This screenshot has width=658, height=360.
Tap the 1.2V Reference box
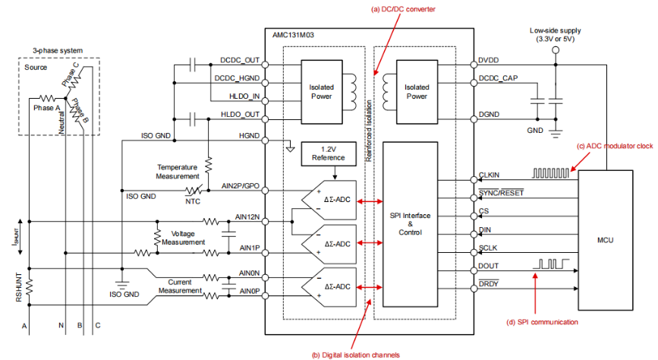[327, 153]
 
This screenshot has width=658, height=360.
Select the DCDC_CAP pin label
[498, 79]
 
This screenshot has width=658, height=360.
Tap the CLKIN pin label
[490, 175]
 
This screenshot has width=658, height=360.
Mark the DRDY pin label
[490, 284]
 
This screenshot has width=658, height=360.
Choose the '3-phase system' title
[58, 51]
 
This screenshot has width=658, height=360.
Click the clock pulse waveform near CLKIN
[549, 174]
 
